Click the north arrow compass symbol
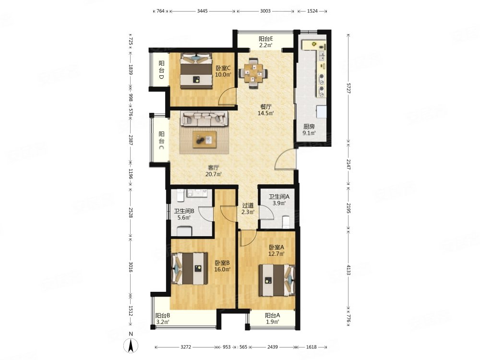coord(131,346)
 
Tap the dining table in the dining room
coord(253,73)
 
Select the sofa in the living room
coord(204,119)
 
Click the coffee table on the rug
coord(204,140)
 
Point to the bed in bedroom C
coord(196,71)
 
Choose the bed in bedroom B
coord(190,268)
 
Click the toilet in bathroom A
coord(286,222)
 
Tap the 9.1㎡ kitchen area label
coord(309,133)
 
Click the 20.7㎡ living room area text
coord(214,175)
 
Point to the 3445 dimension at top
coord(203,11)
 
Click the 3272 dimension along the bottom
coord(186,347)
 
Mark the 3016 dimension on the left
coord(131,266)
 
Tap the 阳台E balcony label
coord(266,39)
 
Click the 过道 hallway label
coord(248,205)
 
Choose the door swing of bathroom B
coord(206,214)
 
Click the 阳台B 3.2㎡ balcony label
coord(163,319)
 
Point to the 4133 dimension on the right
coord(348,269)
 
